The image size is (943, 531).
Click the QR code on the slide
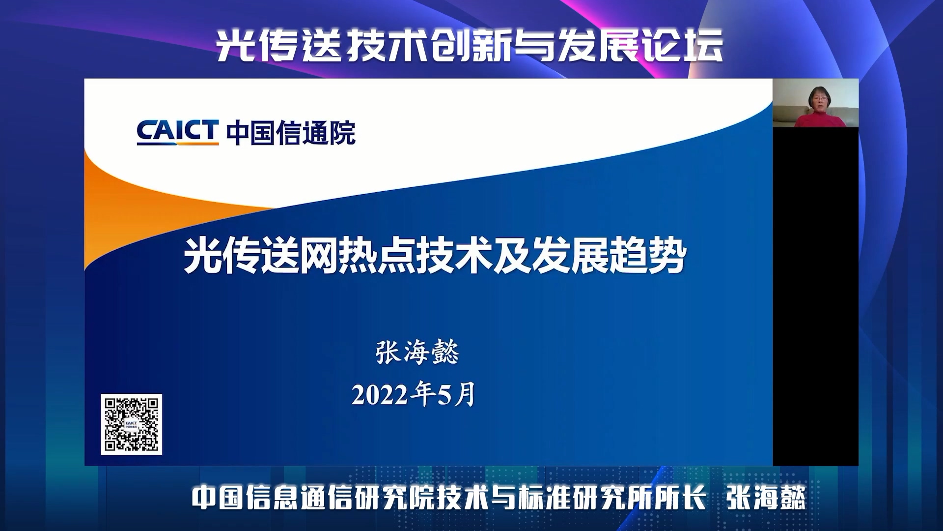(x=131, y=424)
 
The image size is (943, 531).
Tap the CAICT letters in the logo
(x=177, y=132)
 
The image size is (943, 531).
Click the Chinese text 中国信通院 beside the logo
(x=291, y=133)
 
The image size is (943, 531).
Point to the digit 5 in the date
(x=444, y=395)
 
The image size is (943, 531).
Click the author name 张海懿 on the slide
(x=417, y=352)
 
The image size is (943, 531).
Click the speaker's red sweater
(x=819, y=119)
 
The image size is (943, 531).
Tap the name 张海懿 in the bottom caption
(x=766, y=498)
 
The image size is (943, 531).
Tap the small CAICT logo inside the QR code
(x=131, y=424)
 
